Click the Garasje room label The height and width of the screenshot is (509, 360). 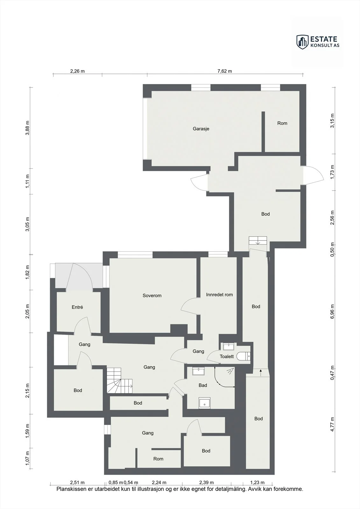point(201,129)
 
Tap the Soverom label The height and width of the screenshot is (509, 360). point(152,296)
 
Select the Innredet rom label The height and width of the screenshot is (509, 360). point(219,295)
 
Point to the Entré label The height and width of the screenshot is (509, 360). point(77,307)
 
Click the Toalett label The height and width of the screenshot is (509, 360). point(227,356)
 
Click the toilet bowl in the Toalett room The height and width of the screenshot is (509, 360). point(243,356)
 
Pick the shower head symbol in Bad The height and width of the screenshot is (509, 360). point(230,371)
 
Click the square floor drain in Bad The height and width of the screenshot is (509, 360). point(204,403)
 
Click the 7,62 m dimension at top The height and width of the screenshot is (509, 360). point(224,71)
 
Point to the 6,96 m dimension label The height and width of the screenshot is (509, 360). point(332,311)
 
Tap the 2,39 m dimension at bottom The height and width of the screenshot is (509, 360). point(206,482)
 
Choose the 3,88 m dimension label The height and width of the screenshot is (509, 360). point(27,128)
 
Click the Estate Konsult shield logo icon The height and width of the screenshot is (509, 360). point(302,42)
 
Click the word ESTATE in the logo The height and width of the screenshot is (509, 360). point(324,39)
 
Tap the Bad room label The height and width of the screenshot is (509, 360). point(203,385)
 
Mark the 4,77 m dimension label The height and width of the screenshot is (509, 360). point(332,424)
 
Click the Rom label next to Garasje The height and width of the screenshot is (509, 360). point(282,123)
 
